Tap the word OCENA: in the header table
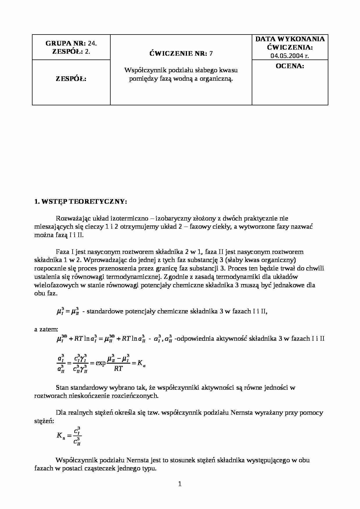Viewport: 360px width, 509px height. pos(290,66)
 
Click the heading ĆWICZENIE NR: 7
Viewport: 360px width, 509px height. pos(181,53)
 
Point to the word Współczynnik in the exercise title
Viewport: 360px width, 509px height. pos(141,70)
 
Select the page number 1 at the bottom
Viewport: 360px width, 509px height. pos(180,484)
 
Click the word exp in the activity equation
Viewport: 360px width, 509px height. pos(100,363)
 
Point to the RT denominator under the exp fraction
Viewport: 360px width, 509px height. pos(118,369)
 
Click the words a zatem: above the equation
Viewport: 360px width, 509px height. pos(46,329)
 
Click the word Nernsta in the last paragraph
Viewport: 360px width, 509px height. pos(138,460)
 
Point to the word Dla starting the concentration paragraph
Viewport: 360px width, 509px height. pos(61,413)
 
